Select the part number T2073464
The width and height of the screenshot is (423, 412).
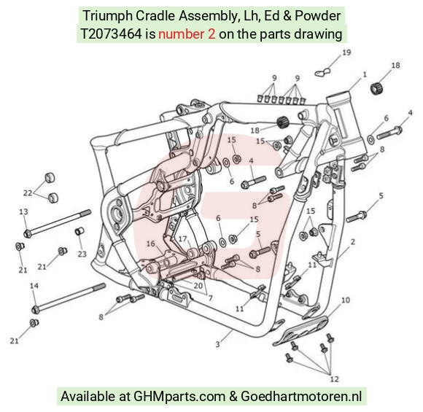[x=111, y=34]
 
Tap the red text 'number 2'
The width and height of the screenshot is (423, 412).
[x=187, y=34]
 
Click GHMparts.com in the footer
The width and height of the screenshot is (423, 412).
[x=179, y=397]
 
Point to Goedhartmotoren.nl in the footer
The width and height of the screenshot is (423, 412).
[x=301, y=397]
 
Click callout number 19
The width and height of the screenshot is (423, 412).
[x=346, y=53]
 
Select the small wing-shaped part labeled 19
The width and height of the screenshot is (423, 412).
[x=322, y=72]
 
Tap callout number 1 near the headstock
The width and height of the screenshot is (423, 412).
[x=365, y=74]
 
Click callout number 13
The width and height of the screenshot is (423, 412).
[x=23, y=211]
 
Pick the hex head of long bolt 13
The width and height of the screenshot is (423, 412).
[x=27, y=233]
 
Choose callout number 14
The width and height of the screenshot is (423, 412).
[x=34, y=285]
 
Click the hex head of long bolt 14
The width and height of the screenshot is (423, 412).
[x=35, y=309]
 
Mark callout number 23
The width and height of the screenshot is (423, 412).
[x=82, y=254]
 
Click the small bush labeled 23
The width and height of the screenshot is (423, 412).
[x=79, y=231]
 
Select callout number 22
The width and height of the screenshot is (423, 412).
[x=28, y=193]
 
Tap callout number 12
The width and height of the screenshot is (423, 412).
[x=334, y=379]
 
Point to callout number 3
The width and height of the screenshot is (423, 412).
[x=217, y=344]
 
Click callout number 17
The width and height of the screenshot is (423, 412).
[x=182, y=238]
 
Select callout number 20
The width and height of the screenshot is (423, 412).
[x=198, y=285]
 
